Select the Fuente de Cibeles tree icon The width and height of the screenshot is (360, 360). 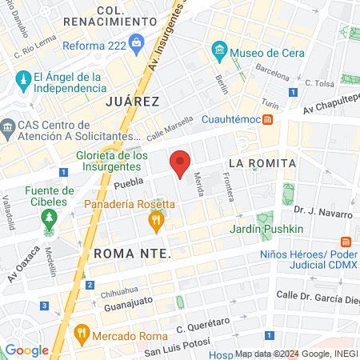point(50,217)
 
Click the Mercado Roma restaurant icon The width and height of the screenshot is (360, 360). point(80,332)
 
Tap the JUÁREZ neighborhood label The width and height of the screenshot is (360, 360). point(133,102)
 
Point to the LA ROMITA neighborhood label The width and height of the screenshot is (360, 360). point(262,163)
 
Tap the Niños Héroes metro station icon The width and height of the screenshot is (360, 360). point(346,241)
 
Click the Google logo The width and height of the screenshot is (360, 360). point(26,350)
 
